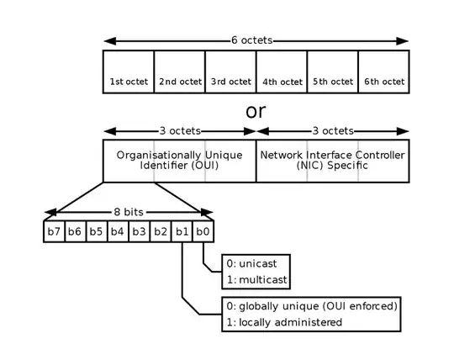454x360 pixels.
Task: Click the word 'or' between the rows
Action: [256, 110]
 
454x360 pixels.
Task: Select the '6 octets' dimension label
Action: [256, 40]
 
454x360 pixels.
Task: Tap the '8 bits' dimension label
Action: [129, 213]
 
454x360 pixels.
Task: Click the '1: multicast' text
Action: [260, 278]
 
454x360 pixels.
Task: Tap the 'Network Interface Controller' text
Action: [333, 156]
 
